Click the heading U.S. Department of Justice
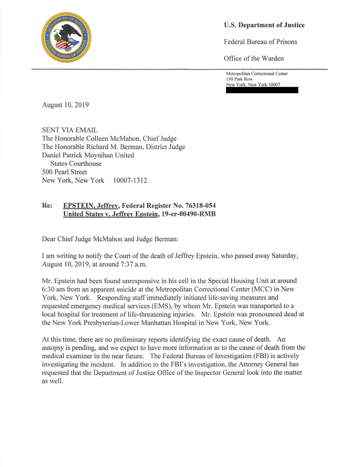click(x=264, y=25)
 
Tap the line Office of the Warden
click(x=254, y=58)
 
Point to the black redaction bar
click(x=262, y=90)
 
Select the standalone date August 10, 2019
click(x=65, y=105)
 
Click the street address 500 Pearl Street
click(x=65, y=172)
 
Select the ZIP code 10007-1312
click(x=130, y=180)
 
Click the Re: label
click(x=47, y=205)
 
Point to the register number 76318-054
click(x=198, y=205)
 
